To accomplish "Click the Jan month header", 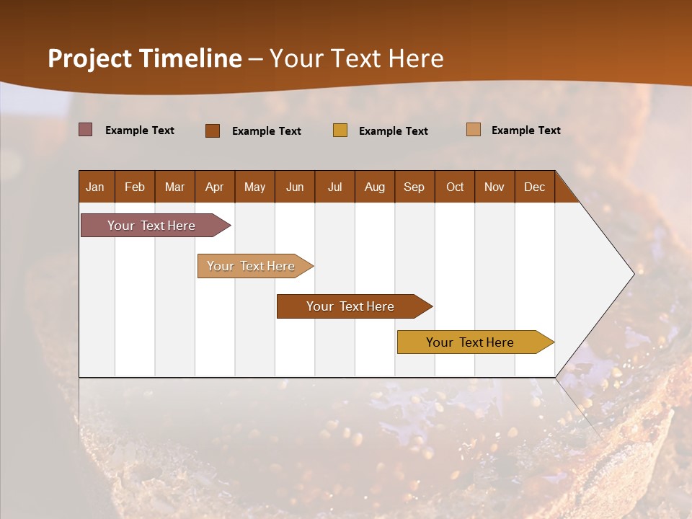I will click(95, 187).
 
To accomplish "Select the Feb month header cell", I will click(135, 187).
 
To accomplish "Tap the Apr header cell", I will click(214, 187).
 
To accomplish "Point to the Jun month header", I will click(295, 187).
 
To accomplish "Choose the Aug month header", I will click(374, 187).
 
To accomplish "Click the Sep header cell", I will click(414, 187).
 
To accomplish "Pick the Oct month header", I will click(455, 187).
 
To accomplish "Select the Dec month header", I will click(534, 187).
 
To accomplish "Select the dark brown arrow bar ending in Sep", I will click(351, 306).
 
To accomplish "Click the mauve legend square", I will click(86, 130).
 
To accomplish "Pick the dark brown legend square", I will click(213, 130).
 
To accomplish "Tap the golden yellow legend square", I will click(340, 130).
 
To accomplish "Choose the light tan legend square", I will click(474, 130).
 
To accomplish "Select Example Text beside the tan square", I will click(525, 130).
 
